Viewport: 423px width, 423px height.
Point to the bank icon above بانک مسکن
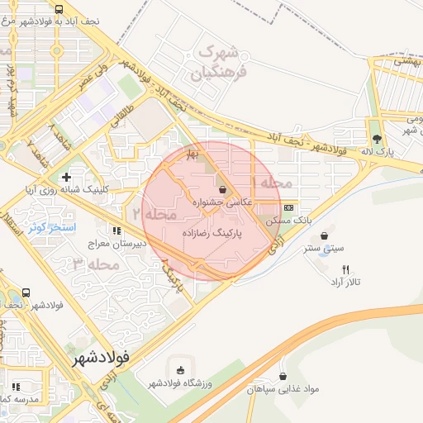click(288, 208)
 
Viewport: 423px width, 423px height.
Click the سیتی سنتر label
click(322, 247)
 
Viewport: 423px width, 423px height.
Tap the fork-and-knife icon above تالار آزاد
click(345, 269)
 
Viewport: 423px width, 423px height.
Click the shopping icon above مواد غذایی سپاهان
click(283, 376)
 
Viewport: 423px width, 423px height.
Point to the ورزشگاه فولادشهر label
click(181, 383)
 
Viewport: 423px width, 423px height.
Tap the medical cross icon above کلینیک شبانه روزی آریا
click(66, 177)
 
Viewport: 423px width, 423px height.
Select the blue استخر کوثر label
click(52, 226)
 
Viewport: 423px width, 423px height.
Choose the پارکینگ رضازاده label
click(215, 234)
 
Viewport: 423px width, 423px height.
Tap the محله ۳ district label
click(91, 265)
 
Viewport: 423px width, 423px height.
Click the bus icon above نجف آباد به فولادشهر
click(58, 10)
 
